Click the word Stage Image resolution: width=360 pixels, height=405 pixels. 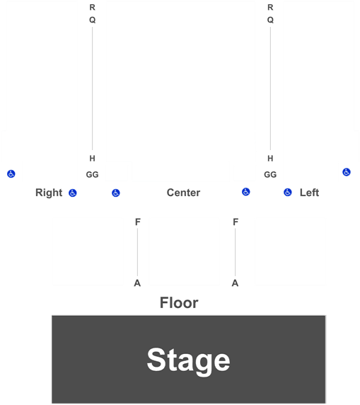point(188,361)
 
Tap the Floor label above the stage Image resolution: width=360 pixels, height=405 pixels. point(179,303)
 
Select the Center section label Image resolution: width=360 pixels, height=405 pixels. point(183,193)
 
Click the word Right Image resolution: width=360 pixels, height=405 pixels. point(49,193)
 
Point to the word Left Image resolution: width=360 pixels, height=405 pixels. point(309,193)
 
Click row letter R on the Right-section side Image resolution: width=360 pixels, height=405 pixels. point(93,8)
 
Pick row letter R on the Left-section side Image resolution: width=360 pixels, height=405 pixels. point(270,8)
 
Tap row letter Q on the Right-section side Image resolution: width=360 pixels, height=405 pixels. point(93,20)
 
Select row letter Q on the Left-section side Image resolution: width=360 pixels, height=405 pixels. point(270,20)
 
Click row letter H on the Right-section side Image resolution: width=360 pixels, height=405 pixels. point(93,159)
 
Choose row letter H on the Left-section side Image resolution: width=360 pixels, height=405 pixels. point(270,159)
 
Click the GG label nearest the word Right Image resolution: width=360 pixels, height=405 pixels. point(93,175)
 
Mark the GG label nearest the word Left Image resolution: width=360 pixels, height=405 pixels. point(270,175)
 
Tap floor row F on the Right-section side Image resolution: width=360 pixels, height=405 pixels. point(138,222)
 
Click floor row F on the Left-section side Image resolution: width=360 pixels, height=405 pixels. point(236,222)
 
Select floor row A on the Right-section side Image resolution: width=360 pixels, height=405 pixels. point(137,283)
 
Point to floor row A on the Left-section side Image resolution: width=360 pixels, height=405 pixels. point(235,283)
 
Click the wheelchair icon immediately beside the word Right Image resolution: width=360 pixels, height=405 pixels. point(73,193)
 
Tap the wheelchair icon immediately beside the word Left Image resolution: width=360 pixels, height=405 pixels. point(288,192)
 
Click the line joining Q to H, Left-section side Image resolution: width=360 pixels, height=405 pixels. point(270,89)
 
